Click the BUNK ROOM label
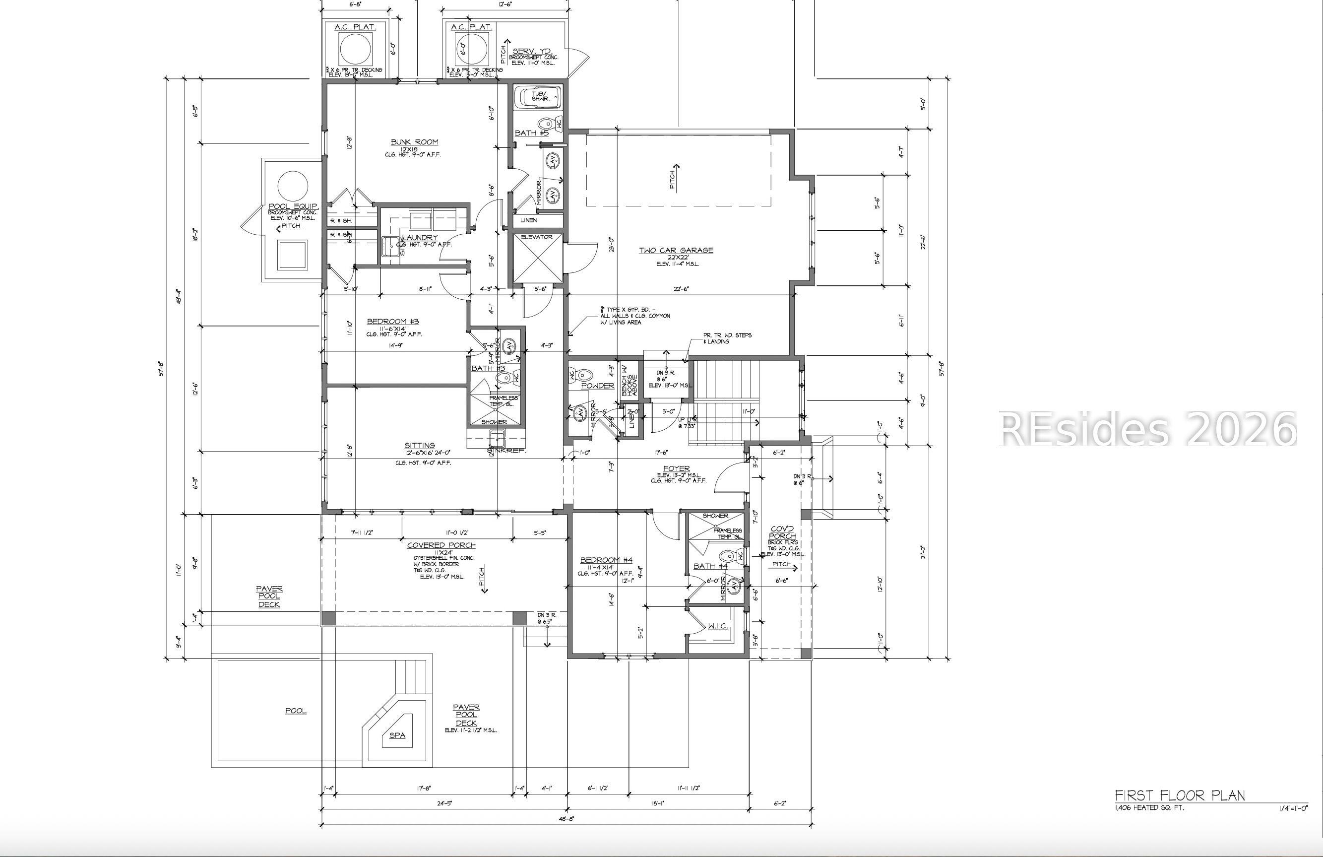[x=414, y=142]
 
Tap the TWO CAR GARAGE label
[x=676, y=250]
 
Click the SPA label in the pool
[x=397, y=735]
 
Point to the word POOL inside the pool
[x=295, y=711]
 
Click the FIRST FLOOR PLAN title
[x=1180, y=795]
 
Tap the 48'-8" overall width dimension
[x=566, y=819]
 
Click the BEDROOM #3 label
[x=392, y=322]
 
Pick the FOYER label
[x=676, y=468]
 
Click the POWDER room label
[x=598, y=386]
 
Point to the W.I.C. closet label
[x=717, y=626]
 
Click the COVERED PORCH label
[x=441, y=545]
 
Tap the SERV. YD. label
[x=532, y=51]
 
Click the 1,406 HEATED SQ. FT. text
[x=1149, y=807]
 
